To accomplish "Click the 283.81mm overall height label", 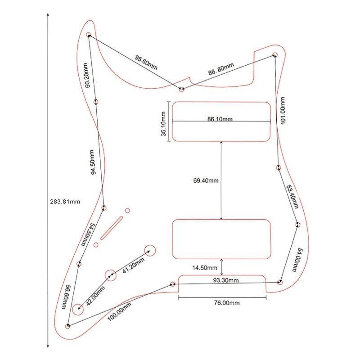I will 65,202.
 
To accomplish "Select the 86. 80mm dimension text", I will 221,69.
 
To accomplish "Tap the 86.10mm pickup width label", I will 220,119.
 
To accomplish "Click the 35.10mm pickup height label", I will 164,122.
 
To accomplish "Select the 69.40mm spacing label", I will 206,181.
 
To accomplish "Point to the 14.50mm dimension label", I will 205,268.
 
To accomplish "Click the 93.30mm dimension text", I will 226,280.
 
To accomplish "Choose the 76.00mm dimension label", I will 227,303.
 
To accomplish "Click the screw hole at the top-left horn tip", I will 89,35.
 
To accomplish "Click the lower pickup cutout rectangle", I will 221,239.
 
